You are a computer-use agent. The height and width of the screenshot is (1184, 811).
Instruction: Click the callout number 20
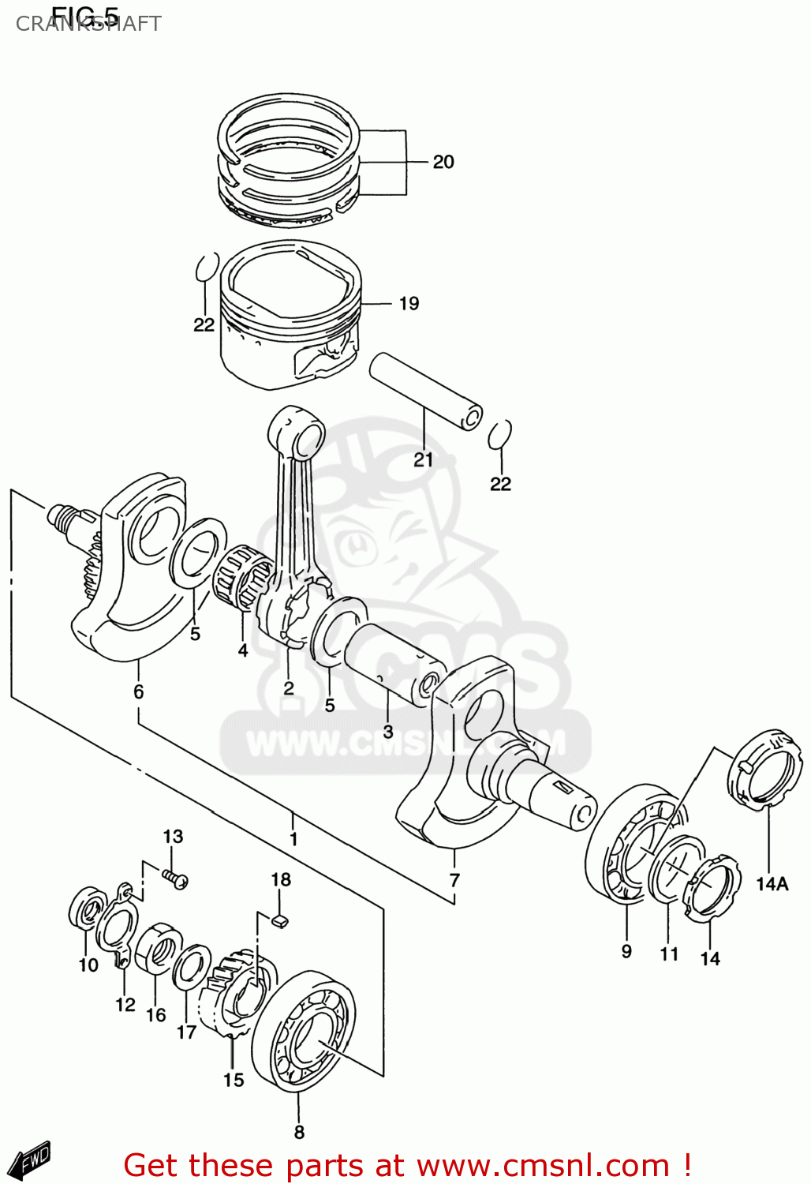click(443, 162)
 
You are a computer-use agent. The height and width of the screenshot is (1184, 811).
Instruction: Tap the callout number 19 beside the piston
click(409, 303)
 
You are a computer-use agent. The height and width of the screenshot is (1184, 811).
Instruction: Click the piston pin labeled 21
click(426, 391)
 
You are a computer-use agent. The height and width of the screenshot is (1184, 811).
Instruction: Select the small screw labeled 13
click(176, 879)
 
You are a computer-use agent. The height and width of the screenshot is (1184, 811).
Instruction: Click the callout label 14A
click(772, 884)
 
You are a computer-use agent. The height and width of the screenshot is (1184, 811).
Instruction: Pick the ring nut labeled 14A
click(764, 770)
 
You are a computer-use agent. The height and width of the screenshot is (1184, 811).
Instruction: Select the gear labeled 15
click(237, 995)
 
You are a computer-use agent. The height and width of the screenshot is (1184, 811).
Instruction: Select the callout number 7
click(454, 880)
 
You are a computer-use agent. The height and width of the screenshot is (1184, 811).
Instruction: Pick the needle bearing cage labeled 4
click(245, 580)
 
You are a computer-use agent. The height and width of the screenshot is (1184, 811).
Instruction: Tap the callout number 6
click(139, 692)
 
